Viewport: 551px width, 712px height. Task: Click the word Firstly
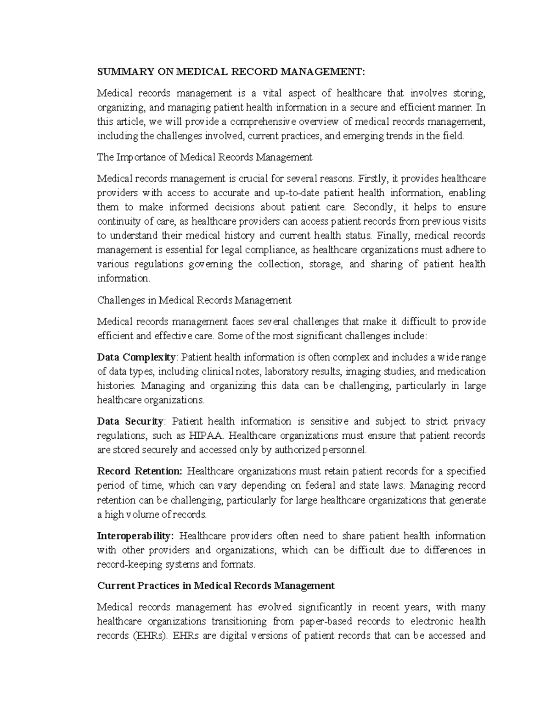[372, 178]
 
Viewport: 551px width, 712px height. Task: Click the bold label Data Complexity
[136, 357]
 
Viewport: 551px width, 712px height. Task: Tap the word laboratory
[283, 371]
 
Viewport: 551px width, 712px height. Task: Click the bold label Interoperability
[135, 536]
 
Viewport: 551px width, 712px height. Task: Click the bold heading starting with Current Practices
[216, 585]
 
